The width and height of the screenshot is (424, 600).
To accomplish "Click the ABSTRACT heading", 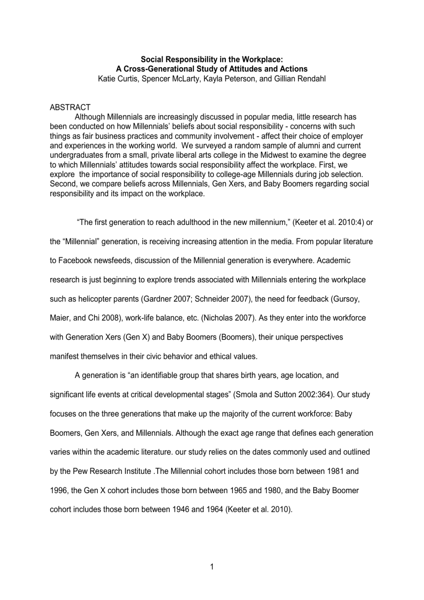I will [70, 107].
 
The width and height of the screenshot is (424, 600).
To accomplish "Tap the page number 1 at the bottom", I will [212, 567].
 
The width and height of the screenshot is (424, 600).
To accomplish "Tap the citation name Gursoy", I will [346, 299].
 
